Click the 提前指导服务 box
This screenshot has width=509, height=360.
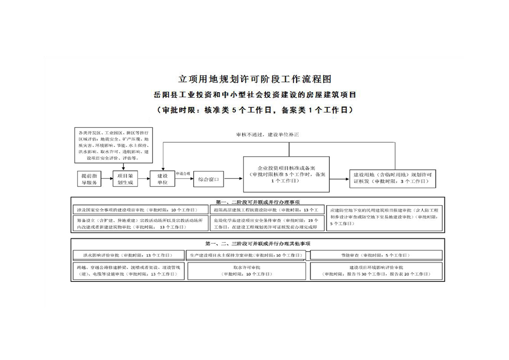click(88, 179)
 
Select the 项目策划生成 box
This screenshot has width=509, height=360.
click(125, 179)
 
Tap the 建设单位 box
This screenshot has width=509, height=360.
click(162, 179)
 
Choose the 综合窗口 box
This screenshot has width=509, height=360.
click(209, 179)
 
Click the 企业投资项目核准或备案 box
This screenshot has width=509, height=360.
click(286, 174)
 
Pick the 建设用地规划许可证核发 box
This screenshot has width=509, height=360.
click(393, 178)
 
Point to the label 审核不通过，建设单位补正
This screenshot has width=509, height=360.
click(267, 135)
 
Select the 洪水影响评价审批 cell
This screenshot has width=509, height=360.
click(128, 255)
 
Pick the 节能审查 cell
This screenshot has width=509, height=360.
click(376, 255)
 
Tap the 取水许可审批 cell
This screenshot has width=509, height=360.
click(247, 271)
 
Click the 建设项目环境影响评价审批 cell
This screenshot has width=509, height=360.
click(376, 271)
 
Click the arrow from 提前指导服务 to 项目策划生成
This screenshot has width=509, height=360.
click(107, 179)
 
